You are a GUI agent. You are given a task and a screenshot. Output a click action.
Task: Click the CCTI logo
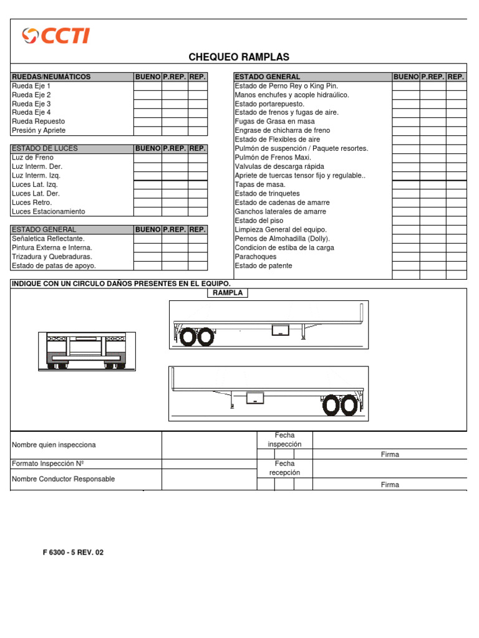pyautogui.click(x=56, y=36)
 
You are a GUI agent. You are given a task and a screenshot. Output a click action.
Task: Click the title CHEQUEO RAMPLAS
pyautogui.click(x=239, y=57)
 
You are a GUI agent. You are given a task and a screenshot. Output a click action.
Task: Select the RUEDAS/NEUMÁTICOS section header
pyautogui.click(x=51, y=77)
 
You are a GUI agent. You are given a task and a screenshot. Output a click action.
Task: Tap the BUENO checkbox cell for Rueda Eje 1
pyautogui.click(x=148, y=86)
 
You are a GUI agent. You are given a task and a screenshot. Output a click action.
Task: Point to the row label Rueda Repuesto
pyautogui.click(x=38, y=121)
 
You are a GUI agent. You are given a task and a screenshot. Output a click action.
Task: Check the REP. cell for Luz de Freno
pyautogui.click(x=198, y=158)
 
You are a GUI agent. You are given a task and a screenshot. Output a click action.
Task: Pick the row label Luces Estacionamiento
pyautogui.click(x=49, y=212)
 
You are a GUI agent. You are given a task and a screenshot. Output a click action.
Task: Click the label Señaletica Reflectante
pyautogui.click(x=48, y=239)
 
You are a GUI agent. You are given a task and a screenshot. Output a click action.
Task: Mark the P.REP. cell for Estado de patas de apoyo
pyautogui.click(x=175, y=266)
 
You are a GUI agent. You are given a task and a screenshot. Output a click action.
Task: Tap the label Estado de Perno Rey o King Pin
pyautogui.click(x=286, y=86)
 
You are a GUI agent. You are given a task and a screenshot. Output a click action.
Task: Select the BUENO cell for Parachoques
pyautogui.click(x=405, y=257)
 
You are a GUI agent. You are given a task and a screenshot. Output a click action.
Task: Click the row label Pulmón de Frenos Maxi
pyautogui.click(x=273, y=158)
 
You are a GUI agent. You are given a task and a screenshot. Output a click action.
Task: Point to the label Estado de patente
pyautogui.click(x=263, y=266)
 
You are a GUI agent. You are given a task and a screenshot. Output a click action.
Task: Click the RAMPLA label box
pyautogui.click(x=227, y=293)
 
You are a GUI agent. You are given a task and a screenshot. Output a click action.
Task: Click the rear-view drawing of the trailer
pyautogui.click(x=87, y=351)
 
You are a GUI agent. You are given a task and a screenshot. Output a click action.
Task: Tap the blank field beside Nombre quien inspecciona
pyautogui.click(x=209, y=445)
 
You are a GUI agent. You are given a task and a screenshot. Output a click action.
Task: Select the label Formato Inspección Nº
pyautogui.click(x=48, y=464)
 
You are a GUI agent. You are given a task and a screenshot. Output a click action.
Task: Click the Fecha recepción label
pyautogui.click(x=284, y=469)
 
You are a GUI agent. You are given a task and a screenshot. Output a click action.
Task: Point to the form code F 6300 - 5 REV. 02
pyautogui.click(x=73, y=553)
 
